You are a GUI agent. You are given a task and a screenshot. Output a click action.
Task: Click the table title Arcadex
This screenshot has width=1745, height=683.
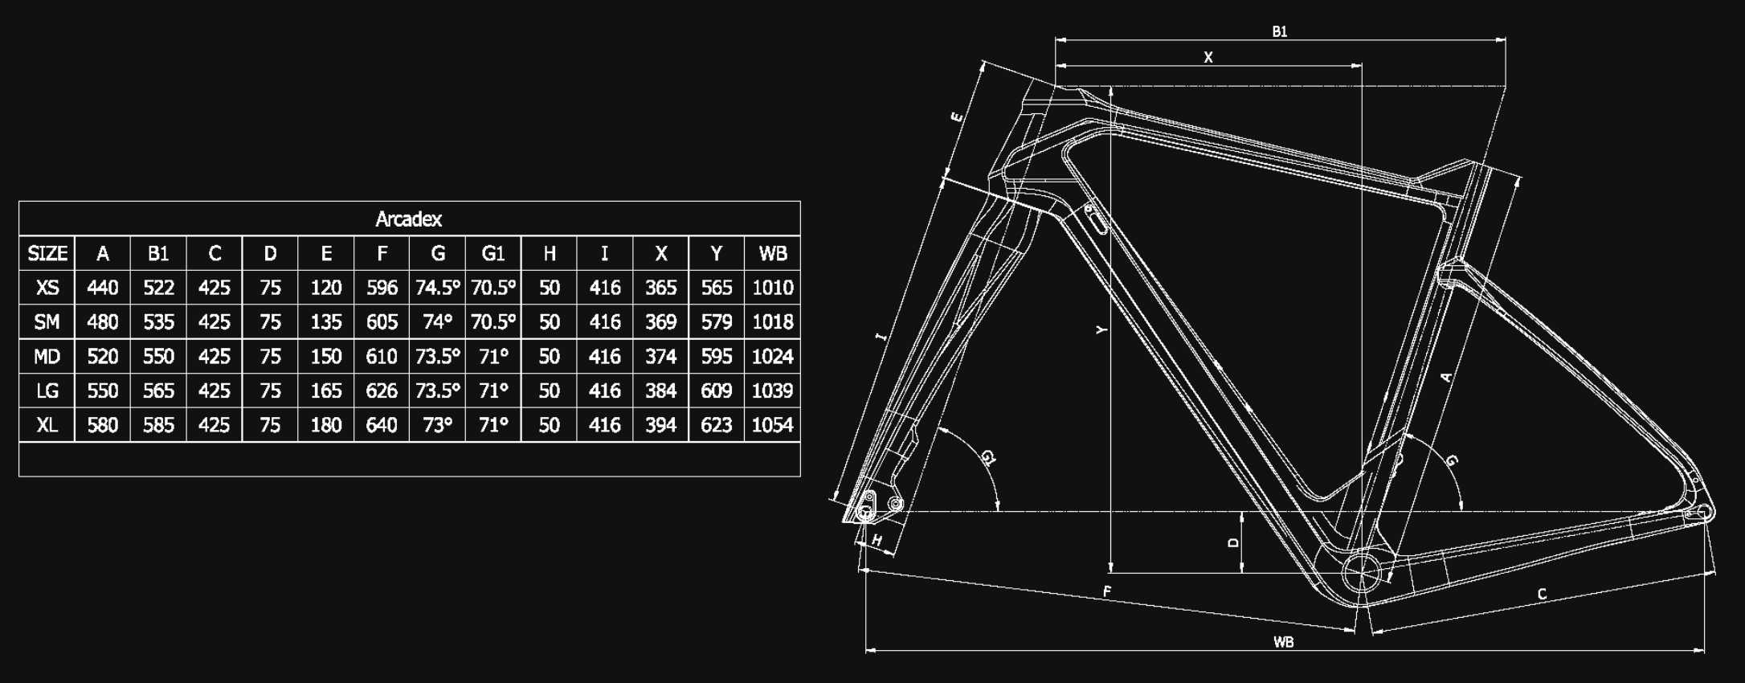click(x=408, y=219)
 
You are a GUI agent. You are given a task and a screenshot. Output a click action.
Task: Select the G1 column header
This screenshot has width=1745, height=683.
click(x=493, y=254)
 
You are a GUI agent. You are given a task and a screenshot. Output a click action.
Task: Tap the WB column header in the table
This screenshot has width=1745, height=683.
click(x=773, y=254)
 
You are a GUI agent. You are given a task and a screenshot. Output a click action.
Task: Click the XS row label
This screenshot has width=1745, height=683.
click(x=47, y=288)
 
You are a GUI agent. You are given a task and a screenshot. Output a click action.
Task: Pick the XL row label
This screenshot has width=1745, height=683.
click(x=47, y=425)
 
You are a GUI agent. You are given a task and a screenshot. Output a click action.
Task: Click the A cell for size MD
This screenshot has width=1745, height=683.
click(x=103, y=356)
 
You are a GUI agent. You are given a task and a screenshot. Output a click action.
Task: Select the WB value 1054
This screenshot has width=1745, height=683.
click(x=773, y=425)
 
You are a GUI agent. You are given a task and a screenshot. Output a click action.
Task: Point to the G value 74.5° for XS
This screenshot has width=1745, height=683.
click(x=438, y=288)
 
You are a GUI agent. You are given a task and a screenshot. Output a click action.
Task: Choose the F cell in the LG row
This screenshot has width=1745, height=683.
click(x=382, y=391)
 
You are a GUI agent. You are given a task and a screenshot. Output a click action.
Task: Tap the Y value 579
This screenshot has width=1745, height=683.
click(x=717, y=322)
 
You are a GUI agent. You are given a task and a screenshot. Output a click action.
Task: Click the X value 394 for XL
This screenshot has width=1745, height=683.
click(x=660, y=425)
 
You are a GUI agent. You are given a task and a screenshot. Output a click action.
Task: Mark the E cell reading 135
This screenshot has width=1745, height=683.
click(x=326, y=322)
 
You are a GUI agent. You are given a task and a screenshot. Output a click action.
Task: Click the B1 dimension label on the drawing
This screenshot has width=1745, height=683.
click(x=1280, y=31)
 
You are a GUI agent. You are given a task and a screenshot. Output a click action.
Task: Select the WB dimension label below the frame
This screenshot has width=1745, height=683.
click(x=1283, y=642)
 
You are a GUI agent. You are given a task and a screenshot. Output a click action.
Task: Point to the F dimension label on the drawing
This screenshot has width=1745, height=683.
click(x=1107, y=592)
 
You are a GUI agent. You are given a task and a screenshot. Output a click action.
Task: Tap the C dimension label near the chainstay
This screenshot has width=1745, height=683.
click(x=1542, y=595)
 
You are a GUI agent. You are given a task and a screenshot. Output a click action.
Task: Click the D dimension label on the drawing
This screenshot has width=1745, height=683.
click(x=1234, y=543)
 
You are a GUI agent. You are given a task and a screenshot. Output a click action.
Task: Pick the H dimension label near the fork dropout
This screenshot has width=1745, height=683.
click(x=877, y=541)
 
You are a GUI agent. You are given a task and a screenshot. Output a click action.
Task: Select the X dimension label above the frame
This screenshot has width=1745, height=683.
click(x=1208, y=57)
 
